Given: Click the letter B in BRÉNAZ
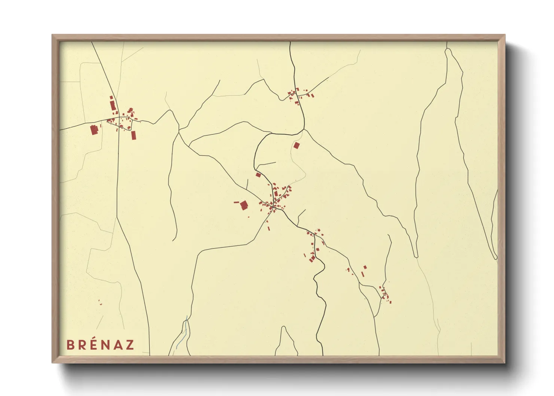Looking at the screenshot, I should (70, 345).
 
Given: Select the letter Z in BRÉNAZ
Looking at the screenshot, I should (129, 345).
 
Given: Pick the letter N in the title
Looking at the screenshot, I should (106, 345).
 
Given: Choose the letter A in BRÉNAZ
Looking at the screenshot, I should (118, 345).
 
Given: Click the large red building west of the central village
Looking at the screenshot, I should (244, 205).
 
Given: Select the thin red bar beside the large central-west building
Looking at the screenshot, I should (236, 202).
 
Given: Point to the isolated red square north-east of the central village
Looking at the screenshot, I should (296, 146).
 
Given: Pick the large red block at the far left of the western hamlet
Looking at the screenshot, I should (94, 130).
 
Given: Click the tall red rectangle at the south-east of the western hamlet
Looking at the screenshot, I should (134, 135).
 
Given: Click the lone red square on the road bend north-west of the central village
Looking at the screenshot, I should (258, 174).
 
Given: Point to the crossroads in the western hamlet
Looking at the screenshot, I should (119, 118).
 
